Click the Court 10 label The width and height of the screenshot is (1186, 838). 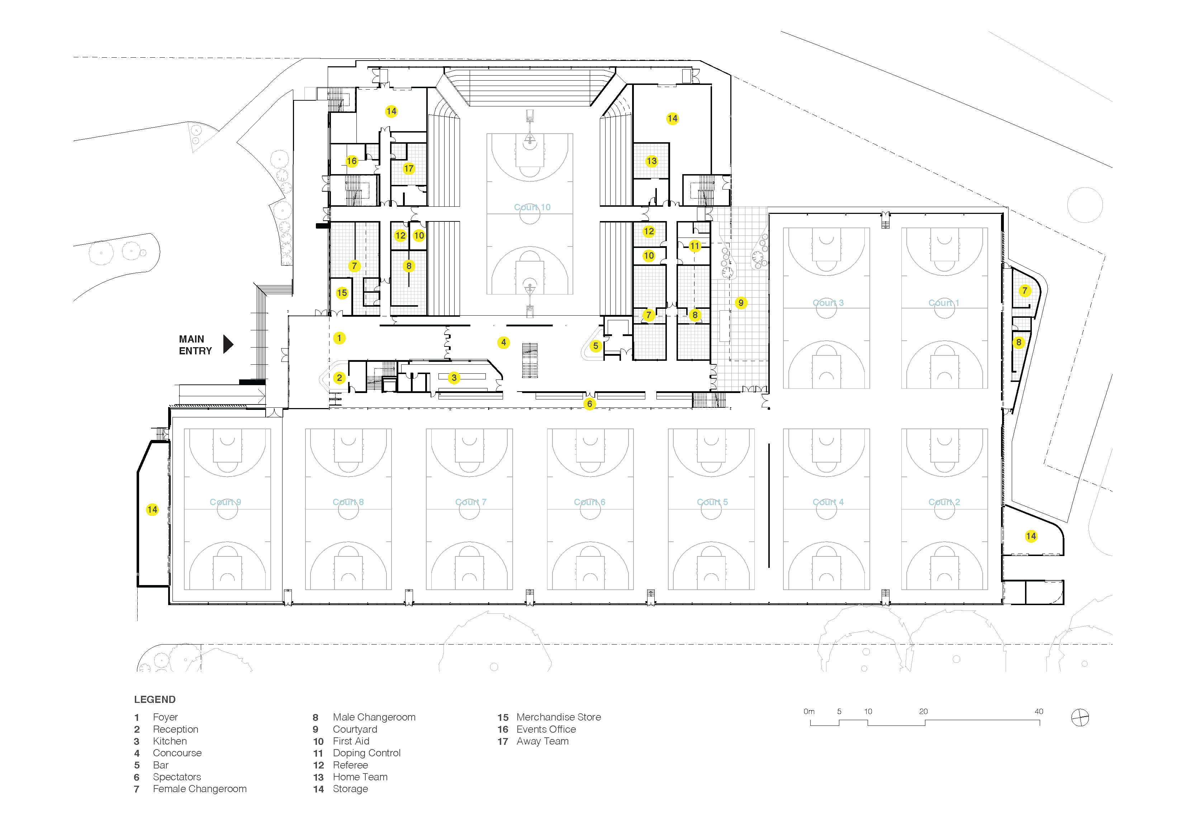point(532,207)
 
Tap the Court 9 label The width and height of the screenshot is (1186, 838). point(225,502)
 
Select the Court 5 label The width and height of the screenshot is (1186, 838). point(712,502)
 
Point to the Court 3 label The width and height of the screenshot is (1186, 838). point(828,303)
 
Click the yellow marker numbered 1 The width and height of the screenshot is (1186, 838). point(340,338)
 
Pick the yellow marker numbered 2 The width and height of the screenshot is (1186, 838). point(340,378)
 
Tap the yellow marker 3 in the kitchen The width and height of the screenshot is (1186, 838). point(454,378)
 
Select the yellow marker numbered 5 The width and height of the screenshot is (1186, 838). point(596,346)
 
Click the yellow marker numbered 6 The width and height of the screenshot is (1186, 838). point(589,404)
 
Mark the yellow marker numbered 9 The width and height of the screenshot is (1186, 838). point(741,303)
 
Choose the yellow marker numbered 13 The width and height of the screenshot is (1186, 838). point(651,161)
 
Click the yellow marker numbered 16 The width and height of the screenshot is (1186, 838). point(352,161)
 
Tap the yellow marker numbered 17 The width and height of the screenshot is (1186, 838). point(409,168)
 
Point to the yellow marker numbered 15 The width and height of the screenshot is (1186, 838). point(342,293)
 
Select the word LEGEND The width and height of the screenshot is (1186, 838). point(155,700)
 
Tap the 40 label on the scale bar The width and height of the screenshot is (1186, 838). point(1039,712)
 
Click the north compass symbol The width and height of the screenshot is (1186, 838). point(1080,718)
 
